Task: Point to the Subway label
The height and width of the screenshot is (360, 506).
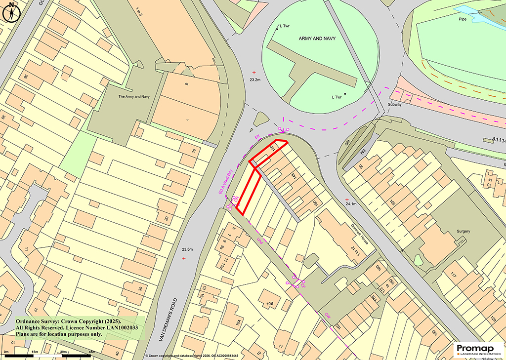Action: click(x=394, y=105)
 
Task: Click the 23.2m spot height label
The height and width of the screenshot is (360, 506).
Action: click(x=255, y=80)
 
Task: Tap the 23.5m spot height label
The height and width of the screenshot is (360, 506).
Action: click(x=187, y=249)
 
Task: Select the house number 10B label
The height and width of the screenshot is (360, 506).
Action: click(x=269, y=303)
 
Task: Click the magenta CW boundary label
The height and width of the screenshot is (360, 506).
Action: click(x=327, y=315)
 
